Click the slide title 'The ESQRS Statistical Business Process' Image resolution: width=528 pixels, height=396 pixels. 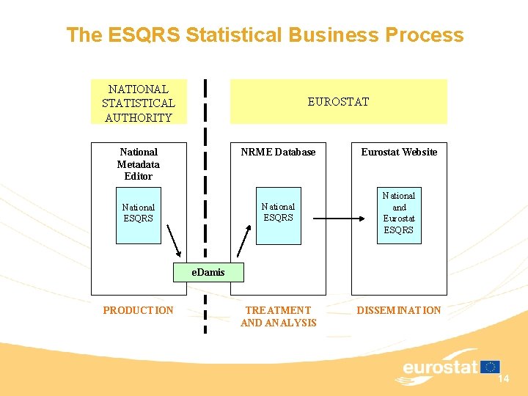265,35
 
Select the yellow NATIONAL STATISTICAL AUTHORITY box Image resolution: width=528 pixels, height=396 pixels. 138,103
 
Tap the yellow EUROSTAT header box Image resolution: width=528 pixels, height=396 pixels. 338,101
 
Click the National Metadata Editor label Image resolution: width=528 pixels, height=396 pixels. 138,164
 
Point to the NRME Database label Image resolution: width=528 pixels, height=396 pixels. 278,152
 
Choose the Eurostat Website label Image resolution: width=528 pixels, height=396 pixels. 399,152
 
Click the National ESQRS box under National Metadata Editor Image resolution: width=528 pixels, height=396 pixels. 138,213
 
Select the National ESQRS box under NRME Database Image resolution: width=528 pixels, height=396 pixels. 278,213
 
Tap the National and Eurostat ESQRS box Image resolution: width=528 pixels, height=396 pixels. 399,213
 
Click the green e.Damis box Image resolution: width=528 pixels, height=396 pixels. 208,272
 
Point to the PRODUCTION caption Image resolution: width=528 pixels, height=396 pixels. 138,310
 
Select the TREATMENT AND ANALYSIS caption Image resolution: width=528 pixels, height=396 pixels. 278,317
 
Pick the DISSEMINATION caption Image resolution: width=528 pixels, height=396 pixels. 399,310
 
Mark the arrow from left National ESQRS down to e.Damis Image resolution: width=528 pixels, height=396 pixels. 175,238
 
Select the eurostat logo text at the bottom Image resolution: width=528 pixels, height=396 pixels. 440,367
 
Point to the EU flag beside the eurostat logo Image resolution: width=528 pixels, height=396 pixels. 490,366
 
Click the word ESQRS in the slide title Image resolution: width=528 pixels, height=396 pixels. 146,35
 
